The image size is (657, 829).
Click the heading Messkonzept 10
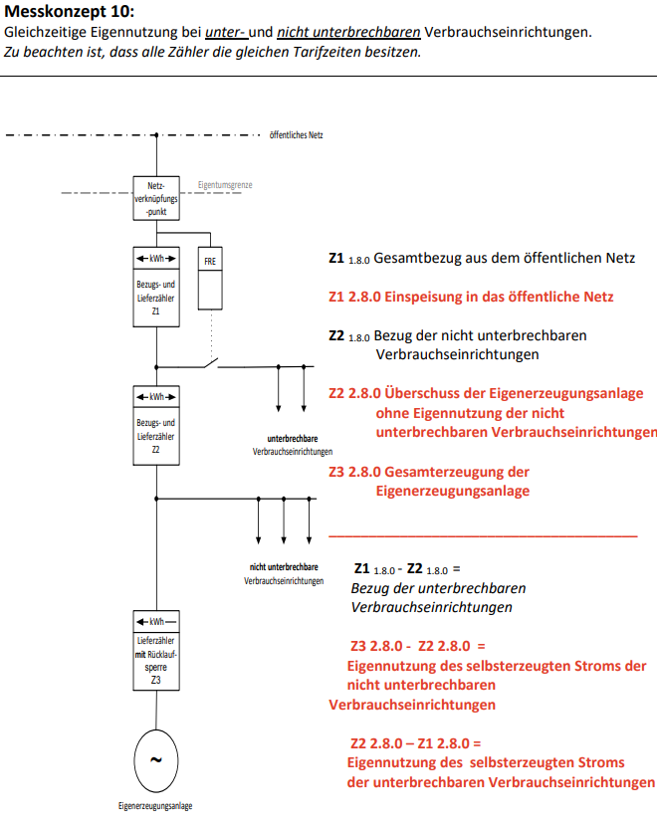pos(69,12)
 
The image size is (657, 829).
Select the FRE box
pos(210,278)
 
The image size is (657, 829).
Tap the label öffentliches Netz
pos(296,134)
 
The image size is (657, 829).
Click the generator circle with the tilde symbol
pos(155,760)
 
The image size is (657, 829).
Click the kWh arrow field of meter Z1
pos(156,260)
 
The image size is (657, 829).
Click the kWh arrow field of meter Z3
pos(156,622)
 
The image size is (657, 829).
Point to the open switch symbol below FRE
pos(209,362)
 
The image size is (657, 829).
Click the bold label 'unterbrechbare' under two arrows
pos(293,438)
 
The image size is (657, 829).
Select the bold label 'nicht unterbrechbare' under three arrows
pos(284,567)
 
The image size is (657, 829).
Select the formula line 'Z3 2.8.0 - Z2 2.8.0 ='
pos(417,647)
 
